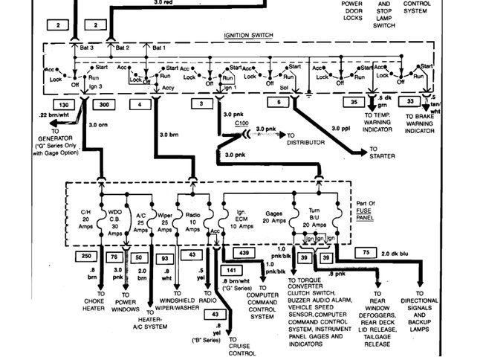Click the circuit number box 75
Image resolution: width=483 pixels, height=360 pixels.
[x=365, y=253]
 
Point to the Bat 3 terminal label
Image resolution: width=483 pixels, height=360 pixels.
[x=87, y=48]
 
